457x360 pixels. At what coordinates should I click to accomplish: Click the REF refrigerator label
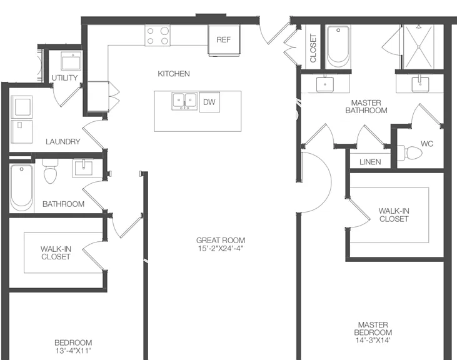(x=224, y=39)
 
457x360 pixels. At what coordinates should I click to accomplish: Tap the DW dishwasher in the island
(x=209, y=102)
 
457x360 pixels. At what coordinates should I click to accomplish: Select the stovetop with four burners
(x=158, y=36)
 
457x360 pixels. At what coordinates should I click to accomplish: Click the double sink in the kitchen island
(x=184, y=101)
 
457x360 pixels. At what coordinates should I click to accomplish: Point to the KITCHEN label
(x=174, y=74)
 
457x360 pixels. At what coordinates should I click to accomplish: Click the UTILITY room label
(x=64, y=77)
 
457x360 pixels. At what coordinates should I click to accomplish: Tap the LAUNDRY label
(x=63, y=141)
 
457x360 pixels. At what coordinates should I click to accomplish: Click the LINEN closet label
(x=370, y=162)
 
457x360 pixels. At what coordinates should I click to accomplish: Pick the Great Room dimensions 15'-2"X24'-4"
(x=221, y=249)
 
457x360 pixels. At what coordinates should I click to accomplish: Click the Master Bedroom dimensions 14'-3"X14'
(x=373, y=340)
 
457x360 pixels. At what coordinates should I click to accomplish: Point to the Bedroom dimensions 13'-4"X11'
(x=73, y=351)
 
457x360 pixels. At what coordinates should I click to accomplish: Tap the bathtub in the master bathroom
(x=338, y=47)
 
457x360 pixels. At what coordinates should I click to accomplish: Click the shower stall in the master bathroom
(x=418, y=47)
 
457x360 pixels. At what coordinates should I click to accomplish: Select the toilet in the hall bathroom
(x=50, y=171)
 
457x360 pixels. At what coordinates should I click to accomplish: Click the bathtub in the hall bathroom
(x=21, y=187)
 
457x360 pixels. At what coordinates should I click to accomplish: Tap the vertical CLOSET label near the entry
(x=313, y=48)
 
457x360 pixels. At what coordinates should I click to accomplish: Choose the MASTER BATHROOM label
(x=366, y=107)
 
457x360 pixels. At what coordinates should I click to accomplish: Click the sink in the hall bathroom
(x=83, y=168)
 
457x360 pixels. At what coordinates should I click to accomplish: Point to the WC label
(x=427, y=144)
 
